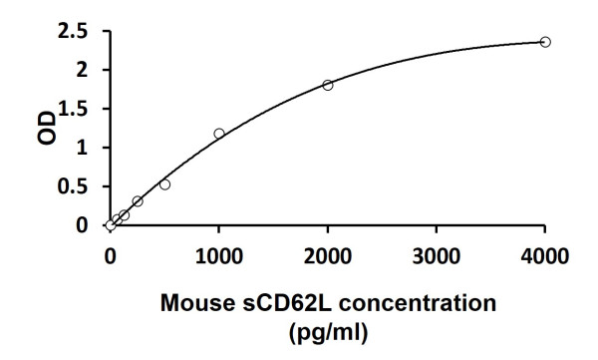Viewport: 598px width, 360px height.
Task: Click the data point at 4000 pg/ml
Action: coord(545,42)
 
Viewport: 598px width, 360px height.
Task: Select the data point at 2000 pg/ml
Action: coord(328,85)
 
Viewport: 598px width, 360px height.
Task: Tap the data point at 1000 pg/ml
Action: coord(219,134)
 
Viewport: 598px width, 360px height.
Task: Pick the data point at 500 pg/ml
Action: coord(164,184)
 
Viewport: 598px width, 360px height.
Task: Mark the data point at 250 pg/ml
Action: coord(138,201)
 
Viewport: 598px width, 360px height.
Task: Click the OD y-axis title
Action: coord(47,128)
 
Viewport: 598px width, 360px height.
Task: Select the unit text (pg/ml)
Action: coord(327,329)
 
